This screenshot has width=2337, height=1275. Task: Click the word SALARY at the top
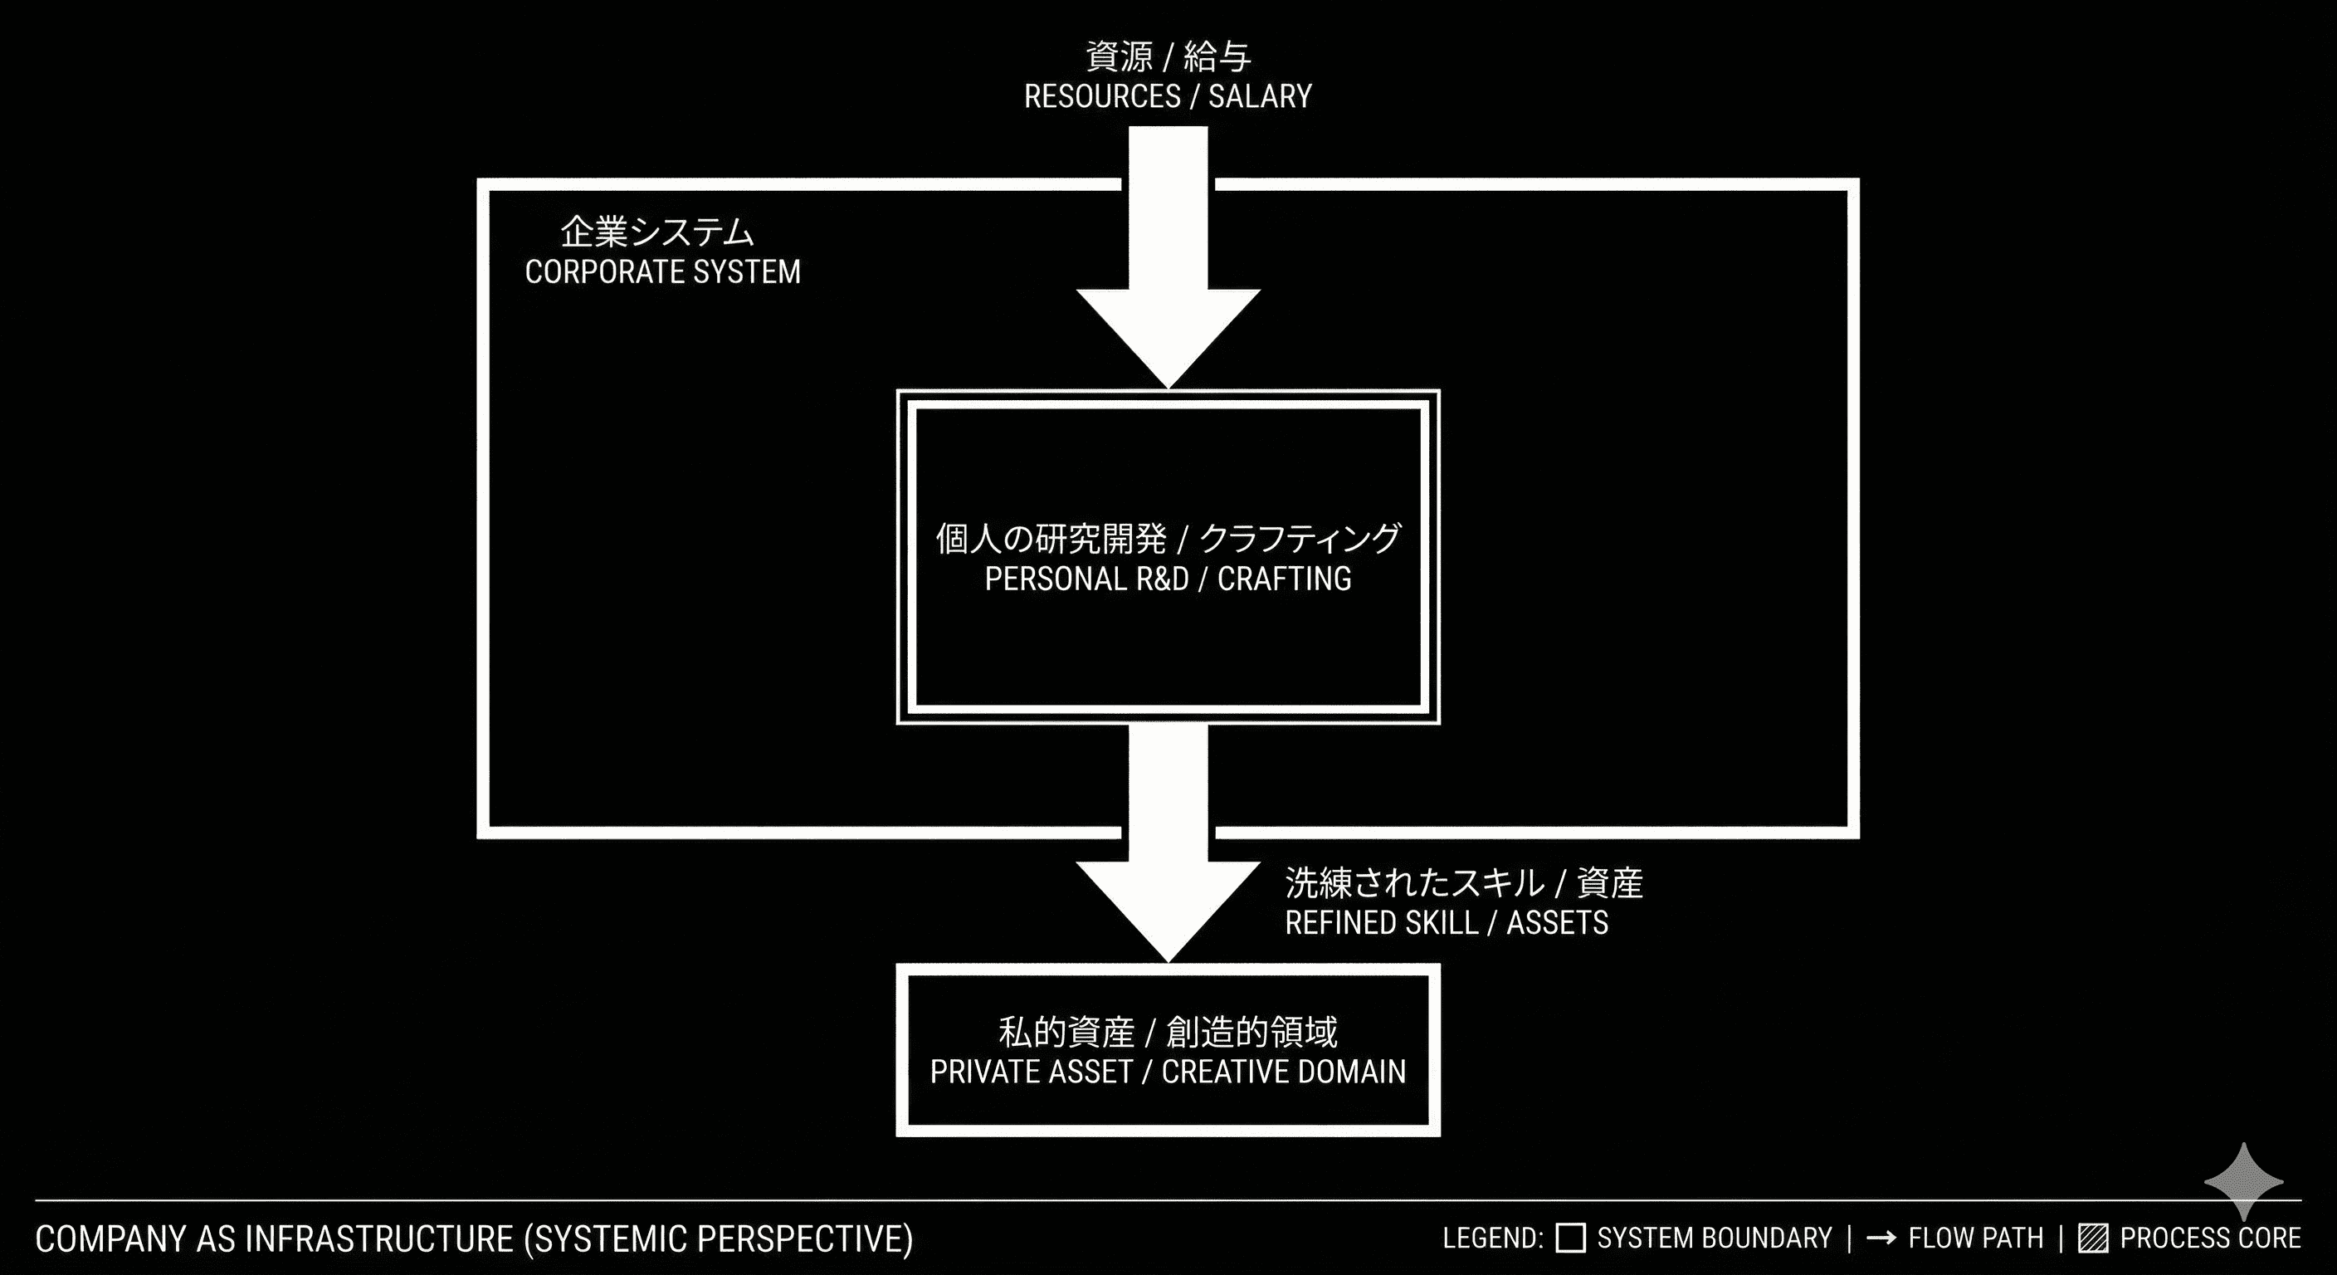[1259, 96]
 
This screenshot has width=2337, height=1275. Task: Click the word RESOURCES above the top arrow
[1102, 96]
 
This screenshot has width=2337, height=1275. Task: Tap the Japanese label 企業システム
[656, 232]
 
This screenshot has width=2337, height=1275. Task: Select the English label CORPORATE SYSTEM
[662, 271]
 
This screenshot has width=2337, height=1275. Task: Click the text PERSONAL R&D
[1086, 579]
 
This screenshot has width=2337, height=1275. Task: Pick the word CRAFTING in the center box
[1284, 579]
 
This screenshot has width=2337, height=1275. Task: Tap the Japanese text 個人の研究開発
[1051, 538]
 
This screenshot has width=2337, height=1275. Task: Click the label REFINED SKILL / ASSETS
[1447, 923]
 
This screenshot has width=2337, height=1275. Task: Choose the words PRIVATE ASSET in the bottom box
[1031, 1072]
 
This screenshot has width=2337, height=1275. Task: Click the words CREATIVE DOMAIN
[1284, 1072]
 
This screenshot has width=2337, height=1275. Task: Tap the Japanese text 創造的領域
[1252, 1032]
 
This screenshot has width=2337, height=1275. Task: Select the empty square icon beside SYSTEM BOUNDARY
[1570, 1238]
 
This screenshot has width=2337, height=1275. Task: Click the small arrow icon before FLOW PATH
[1881, 1238]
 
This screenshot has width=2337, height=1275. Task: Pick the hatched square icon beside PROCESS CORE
[2092, 1238]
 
